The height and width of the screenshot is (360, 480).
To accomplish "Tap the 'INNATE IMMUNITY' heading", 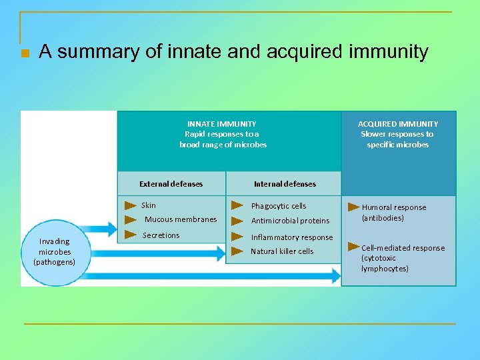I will (x=221, y=123).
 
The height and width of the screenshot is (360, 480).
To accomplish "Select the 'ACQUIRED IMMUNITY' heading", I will (x=398, y=123).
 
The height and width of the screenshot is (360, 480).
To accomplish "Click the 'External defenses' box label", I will (x=171, y=183).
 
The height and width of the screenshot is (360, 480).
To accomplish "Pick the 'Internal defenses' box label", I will (x=285, y=183).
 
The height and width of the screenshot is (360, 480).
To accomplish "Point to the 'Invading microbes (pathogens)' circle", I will (x=55, y=251).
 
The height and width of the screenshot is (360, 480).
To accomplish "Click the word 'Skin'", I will (x=149, y=205).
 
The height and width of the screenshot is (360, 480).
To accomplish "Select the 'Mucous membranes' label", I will (x=181, y=219).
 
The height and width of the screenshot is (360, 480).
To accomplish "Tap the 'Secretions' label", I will (x=161, y=235).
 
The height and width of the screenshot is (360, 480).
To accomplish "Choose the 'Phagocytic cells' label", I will (x=279, y=206).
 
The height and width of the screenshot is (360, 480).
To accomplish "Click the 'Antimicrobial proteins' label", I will (x=290, y=221).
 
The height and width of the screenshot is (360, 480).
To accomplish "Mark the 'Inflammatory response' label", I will (x=292, y=237).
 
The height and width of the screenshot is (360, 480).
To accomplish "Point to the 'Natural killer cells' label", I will (x=282, y=251).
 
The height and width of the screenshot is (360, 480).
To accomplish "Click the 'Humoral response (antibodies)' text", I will (x=394, y=213).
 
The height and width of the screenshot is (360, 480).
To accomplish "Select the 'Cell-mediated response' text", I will (x=403, y=248).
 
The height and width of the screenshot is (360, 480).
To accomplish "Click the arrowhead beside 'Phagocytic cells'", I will (x=237, y=205).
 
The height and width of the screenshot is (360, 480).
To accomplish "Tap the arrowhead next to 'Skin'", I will (x=131, y=205).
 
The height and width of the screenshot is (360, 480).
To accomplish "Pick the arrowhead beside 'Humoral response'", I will (x=353, y=207).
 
